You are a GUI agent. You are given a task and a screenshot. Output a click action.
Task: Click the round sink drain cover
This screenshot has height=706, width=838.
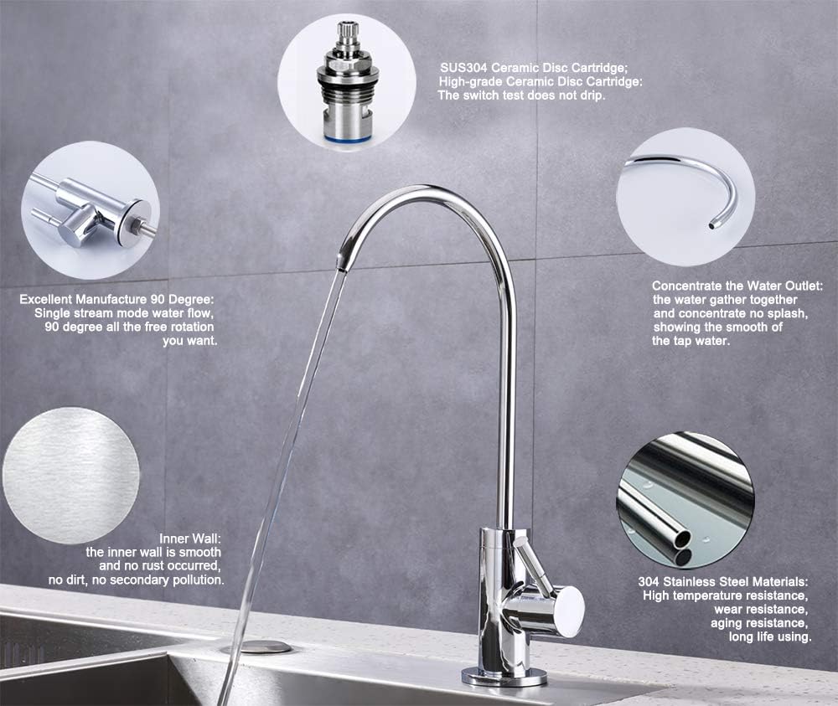point(256,647)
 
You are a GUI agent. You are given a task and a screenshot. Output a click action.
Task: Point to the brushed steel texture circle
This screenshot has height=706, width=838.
point(71,475)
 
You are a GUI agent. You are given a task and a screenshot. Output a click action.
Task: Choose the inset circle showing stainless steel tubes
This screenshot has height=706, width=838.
point(685,500)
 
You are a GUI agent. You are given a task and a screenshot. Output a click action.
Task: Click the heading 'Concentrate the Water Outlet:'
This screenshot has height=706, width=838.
point(737,286)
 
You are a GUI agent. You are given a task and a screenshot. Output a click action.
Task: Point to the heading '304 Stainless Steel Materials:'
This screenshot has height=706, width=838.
point(725,580)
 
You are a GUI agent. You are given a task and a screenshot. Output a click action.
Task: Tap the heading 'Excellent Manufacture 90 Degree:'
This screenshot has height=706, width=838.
point(118,298)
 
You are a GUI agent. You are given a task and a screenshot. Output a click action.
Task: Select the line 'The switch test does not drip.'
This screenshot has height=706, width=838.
point(521,95)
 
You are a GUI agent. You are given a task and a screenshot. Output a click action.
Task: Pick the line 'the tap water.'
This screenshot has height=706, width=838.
point(691,341)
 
